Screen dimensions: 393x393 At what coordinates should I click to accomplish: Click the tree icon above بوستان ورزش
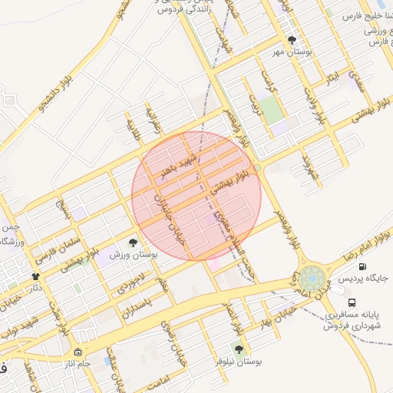[134, 243]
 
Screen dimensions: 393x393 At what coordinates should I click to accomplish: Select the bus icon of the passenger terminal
[352, 302]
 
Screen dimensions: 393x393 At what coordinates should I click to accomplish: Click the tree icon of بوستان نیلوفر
[239, 348]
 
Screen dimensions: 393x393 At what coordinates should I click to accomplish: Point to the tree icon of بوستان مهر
[291, 40]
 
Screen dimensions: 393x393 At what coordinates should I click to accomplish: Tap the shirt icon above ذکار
[35, 276]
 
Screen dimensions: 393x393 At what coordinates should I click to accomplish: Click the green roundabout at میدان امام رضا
[311, 278]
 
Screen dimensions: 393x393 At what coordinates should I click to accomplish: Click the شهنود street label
[310, 166]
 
